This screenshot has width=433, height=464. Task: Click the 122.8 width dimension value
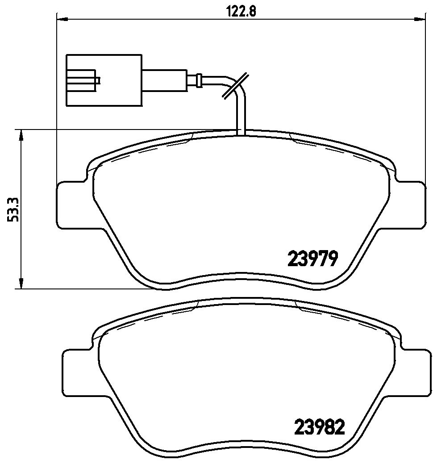tap(241, 12)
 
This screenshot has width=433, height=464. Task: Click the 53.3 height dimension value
tap(13, 209)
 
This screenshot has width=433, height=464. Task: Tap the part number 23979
tap(313, 258)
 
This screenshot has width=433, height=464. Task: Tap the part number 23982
tap(320, 428)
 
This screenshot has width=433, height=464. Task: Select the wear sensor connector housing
tap(104, 81)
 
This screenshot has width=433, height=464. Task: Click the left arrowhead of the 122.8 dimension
tap(62, 19)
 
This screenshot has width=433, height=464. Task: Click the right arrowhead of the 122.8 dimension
tap(420, 19)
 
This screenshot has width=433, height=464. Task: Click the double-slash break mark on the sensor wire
tap(234, 85)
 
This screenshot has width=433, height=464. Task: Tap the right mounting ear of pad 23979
tap(411, 205)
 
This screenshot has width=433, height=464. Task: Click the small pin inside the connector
tap(98, 81)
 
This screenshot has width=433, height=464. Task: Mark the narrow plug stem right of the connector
tap(164, 81)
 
